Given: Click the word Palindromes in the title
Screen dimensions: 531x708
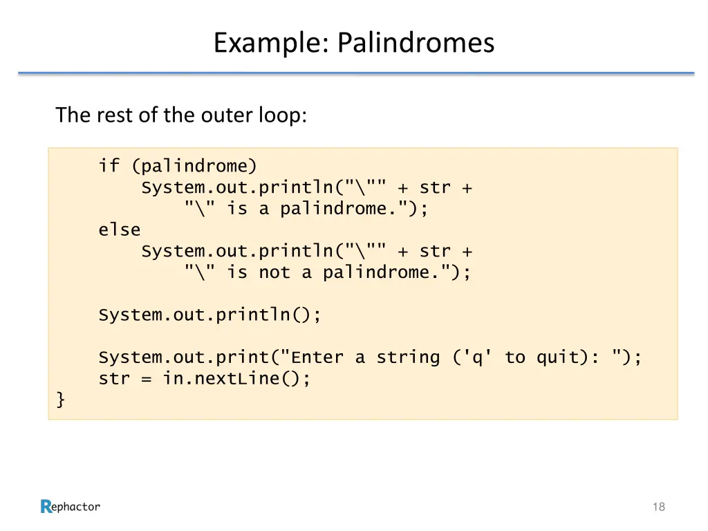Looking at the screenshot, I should pos(416,43).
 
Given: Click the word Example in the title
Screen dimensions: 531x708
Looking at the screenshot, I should pos(271,43).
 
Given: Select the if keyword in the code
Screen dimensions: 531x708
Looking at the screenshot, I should pos(109,166).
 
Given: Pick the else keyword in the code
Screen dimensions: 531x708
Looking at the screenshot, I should pos(119,230).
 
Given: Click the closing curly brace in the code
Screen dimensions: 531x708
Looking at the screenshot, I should pos(61,400).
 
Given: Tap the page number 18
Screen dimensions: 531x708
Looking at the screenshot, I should pos(658,507).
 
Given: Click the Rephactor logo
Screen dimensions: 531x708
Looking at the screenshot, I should pos(70,507).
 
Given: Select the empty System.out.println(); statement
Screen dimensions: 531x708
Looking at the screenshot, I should pos(209,315).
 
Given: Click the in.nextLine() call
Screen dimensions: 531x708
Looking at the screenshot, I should pos(236,379).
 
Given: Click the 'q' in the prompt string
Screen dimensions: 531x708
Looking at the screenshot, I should pos(472,357).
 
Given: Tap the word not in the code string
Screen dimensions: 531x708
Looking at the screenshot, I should pos(274,272).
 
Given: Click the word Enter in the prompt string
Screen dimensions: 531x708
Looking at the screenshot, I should pos(317,357).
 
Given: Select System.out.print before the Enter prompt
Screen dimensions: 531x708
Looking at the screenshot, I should pos(183,357).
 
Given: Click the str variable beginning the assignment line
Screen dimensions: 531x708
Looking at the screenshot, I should pos(114,379).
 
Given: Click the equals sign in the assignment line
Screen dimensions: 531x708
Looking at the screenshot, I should pos(146,379).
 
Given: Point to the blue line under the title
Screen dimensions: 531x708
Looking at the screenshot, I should pos(355,73).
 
